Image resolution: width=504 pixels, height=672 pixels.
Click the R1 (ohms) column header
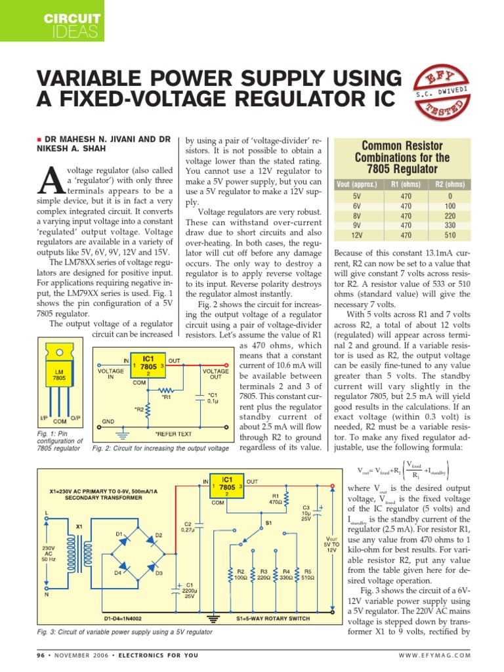coord(405,184)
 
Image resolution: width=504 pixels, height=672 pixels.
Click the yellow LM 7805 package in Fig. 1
coord(58,375)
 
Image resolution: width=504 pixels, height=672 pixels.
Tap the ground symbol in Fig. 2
coord(122,435)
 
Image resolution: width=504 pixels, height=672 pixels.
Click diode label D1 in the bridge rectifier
coord(120,534)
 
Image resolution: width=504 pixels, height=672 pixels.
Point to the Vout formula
coord(403,470)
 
